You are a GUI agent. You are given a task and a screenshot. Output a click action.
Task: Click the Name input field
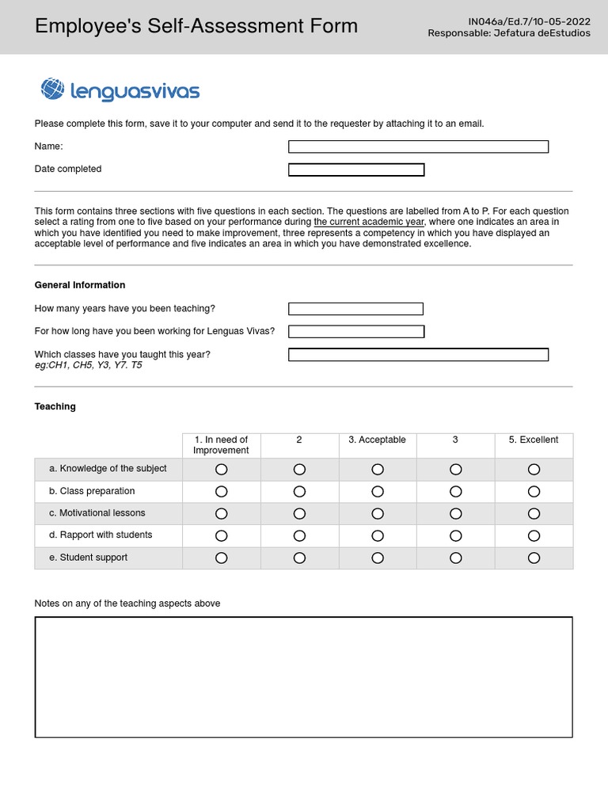click(418, 147)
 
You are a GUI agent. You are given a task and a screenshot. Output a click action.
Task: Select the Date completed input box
click(356, 169)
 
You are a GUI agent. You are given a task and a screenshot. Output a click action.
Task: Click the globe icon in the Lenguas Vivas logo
click(52, 89)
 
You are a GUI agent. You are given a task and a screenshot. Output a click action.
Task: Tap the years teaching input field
click(355, 309)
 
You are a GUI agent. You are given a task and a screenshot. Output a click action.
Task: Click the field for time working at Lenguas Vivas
click(356, 331)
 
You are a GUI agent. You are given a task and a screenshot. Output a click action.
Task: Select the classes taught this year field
click(418, 355)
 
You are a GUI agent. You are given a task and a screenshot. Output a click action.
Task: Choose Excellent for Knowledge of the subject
click(534, 470)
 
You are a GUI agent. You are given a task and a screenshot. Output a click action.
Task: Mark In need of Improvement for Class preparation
click(222, 492)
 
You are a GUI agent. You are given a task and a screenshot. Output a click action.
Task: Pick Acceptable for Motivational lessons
click(378, 514)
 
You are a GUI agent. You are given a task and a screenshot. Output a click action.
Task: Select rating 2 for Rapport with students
click(299, 536)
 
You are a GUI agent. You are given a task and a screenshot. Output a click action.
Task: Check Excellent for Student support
click(534, 558)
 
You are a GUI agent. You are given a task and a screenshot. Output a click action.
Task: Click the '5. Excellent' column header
click(534, 440)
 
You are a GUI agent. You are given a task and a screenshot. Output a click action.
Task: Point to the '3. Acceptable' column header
click(377, 440)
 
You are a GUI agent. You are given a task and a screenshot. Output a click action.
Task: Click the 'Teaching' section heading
click(55, 406)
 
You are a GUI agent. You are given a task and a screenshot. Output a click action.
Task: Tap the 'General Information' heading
click(80, 285)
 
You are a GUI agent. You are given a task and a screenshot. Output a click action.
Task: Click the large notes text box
click(303, 677)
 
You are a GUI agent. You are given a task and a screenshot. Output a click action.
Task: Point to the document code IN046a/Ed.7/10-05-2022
click(529, 21)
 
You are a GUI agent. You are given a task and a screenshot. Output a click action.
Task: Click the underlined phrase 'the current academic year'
click(369, 223)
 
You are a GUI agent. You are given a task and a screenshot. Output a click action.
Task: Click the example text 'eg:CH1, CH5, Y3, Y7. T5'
click(89, 366)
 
